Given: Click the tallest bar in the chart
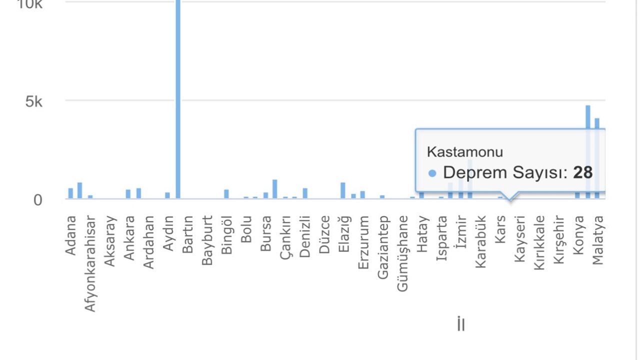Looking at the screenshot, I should (178, 100).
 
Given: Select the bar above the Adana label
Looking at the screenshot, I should (70, 193).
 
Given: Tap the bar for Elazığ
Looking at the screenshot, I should (343, 190).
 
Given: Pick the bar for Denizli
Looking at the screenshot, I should (305, 193).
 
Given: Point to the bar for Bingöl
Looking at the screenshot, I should (226, 194).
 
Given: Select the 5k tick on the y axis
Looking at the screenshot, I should (34, 102).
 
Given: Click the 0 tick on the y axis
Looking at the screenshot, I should (37, 200).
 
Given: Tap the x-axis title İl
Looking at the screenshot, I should (460, 324).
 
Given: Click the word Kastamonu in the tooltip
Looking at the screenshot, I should (465, 152).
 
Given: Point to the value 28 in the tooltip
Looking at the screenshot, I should (582, 172).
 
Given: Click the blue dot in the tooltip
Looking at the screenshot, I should (432, 173).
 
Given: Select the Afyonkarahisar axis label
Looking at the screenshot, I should (90, 263).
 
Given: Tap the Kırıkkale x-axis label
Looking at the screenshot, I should (539, 243).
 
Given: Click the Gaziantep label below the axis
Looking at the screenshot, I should (383, 247).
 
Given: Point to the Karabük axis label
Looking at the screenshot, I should (480, 241).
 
